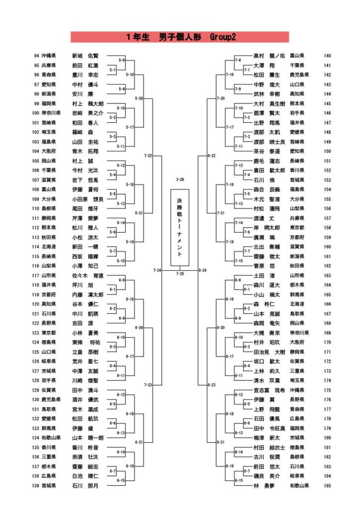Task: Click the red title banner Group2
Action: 180,37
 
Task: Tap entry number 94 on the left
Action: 36,56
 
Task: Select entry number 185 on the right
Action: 327,486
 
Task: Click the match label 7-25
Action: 180,273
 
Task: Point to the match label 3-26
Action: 180,179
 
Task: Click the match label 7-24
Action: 157,270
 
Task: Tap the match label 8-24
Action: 202,270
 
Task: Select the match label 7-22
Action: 147,156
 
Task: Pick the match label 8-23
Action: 210,385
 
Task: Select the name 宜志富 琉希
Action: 269,390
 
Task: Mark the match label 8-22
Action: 211,156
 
